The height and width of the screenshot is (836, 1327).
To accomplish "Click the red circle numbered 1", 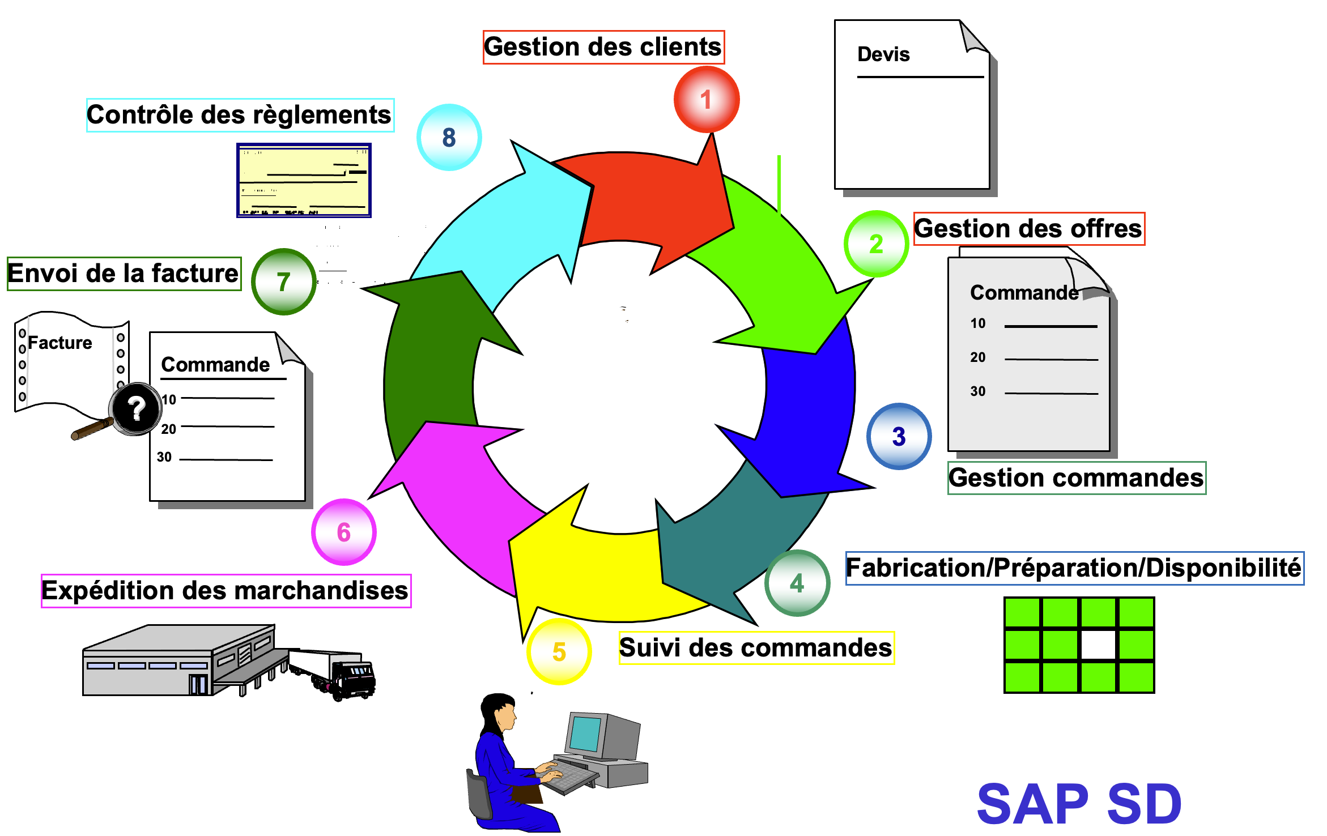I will coord(706,100).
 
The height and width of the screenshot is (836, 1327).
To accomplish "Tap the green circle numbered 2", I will coord(876,244).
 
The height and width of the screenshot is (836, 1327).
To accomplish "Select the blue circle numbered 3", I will coord(899,436).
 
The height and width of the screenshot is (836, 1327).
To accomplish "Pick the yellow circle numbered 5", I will coord(559,651).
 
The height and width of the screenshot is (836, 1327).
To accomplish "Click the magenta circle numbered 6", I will coord(343,532).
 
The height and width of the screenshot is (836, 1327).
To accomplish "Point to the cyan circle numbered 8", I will coord(449,137).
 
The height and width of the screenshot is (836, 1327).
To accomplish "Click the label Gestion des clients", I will coord(603,47).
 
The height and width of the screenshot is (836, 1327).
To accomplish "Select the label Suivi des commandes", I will coord(756,647).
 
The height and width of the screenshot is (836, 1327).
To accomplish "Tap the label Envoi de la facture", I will coord(124,274).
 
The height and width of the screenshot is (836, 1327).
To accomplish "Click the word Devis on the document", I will coord(883,54).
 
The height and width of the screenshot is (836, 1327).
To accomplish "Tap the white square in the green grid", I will coord(1098,645).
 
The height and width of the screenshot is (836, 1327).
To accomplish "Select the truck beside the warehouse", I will coord(340,674).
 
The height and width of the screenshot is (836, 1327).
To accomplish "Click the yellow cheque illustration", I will coord(304,180).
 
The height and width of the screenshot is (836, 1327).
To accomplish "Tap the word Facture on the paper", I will coord(60,343).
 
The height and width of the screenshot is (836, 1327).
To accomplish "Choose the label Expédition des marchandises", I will coord(226,591).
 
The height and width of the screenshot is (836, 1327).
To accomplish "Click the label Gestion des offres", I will coord(1028,229).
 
